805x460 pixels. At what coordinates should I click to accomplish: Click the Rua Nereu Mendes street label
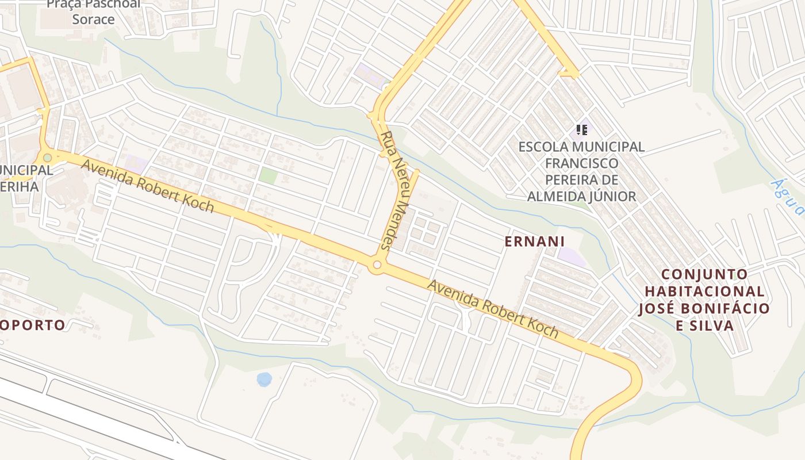pyautogui.click(x=394, y=190)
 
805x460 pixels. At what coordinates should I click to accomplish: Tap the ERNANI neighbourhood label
pyautogui.click(x=535, y=241)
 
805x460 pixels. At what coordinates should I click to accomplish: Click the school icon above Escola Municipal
pyautogui.click(x=582, y=130)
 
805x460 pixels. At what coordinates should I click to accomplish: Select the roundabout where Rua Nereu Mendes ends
pyautogui.click(x=377, y=265)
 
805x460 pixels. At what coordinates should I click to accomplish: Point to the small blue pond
pyautogui.click(x=264, y=379)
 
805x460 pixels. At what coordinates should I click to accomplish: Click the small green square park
pyautogui.click(x=268, y=175)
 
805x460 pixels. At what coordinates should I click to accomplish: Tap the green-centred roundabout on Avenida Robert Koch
pyautogui.click(x=47, y=158)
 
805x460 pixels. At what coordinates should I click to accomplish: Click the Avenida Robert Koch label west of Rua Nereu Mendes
pyautogui.click(x=148, y=186)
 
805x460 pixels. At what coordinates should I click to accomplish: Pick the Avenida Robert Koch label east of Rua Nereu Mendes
pyautogui.click(x=492, y=308)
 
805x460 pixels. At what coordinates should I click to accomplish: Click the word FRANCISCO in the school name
pyautogui.click(x=582, y=163)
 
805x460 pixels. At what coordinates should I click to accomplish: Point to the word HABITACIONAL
pyautogui.click(x=701, y=292)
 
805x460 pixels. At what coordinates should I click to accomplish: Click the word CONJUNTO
pyautogui.click(x=704, y=274)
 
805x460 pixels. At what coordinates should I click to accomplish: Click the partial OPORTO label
pyautogui.click(x=33, y=325)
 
